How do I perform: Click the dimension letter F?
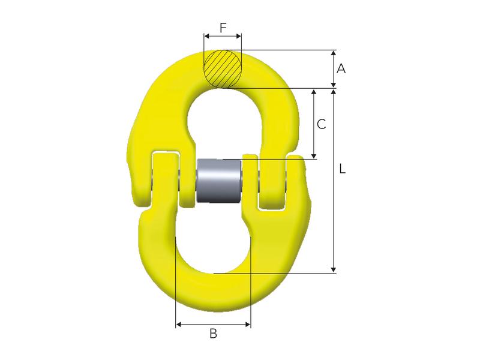tap(223, 27)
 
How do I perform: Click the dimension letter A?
tap(341, 69)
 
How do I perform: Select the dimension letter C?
tap(321, 124)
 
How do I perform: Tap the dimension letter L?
tap(342, 170)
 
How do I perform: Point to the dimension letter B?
tap(213, 334)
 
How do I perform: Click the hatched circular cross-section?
tap(223, 68)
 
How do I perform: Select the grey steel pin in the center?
tap(219, 181)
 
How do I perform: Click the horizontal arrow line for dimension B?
tap(213, 325)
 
